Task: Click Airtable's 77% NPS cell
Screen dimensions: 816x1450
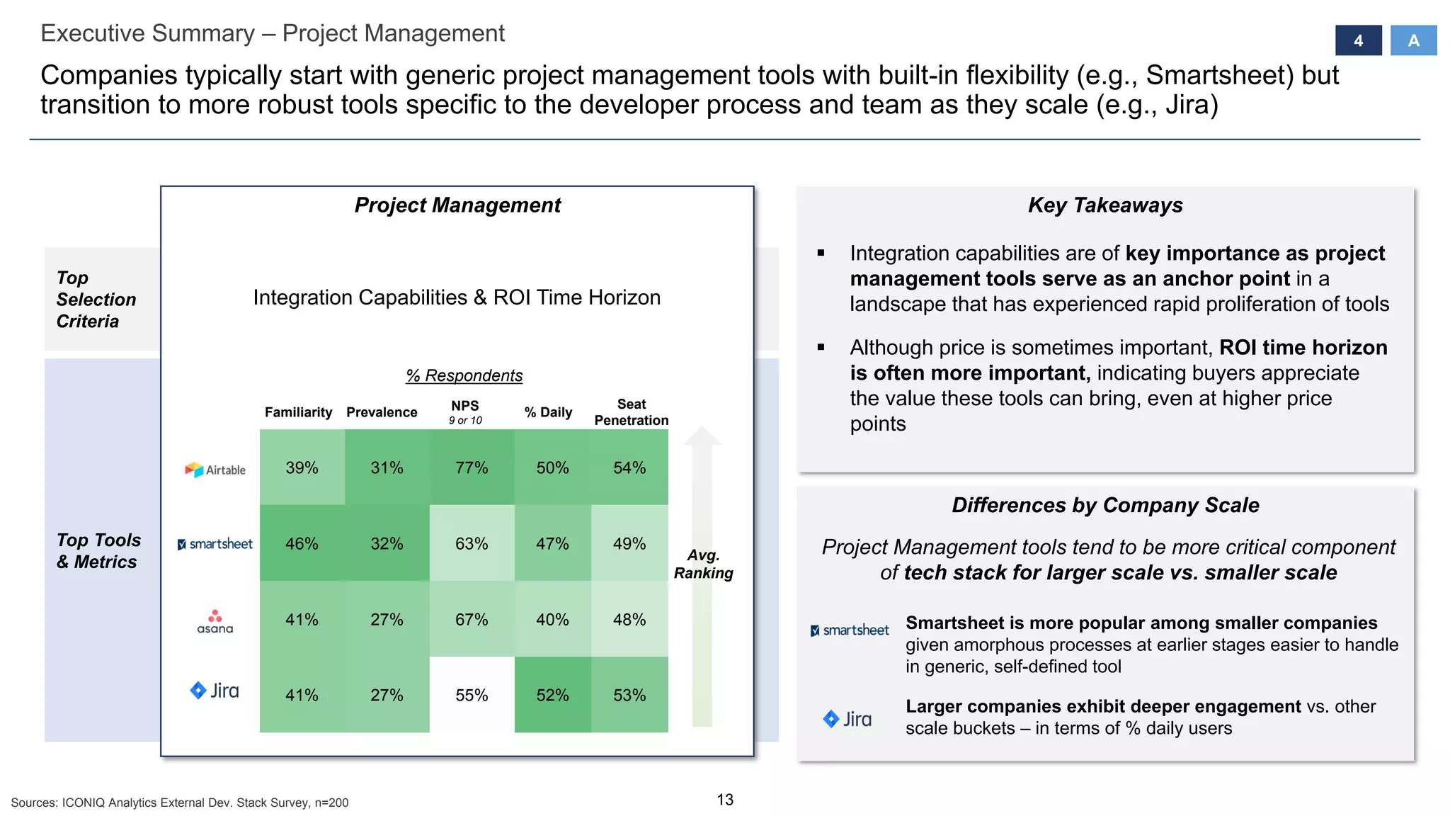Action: tap(472, 467)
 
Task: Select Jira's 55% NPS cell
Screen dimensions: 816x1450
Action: tap(472, 695)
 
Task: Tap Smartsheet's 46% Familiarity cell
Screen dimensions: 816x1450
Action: tap(302, 543)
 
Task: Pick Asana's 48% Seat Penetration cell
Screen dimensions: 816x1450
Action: tap(629, 619)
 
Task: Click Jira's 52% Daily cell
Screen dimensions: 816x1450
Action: tap(552, 695)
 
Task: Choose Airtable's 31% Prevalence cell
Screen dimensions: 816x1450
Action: tap(387, 467)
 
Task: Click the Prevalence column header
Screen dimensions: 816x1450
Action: tap(382, 412)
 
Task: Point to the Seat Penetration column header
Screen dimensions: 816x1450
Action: tap(631, 412)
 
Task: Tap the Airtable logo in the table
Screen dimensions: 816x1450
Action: tap(215, 470)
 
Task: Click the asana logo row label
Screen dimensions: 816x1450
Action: tap(215, 621)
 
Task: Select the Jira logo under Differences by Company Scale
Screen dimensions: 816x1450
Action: tap(847, 719)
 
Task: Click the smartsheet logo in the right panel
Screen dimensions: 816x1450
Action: tap(850, 630)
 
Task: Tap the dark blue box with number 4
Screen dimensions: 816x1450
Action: tap(1358, 40)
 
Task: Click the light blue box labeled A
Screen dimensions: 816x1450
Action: tap(1413, 40)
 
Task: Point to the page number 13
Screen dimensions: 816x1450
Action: tap(725, 800)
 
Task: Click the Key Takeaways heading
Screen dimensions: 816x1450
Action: tap(1105, 205)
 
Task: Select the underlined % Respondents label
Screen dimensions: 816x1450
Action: tap(464, 375)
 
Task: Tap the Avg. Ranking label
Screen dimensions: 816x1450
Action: tap(703, 564)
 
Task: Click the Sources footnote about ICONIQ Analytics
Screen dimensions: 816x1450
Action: tap(180, 803)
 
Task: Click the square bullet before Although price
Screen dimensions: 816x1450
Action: tap(821, 347)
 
